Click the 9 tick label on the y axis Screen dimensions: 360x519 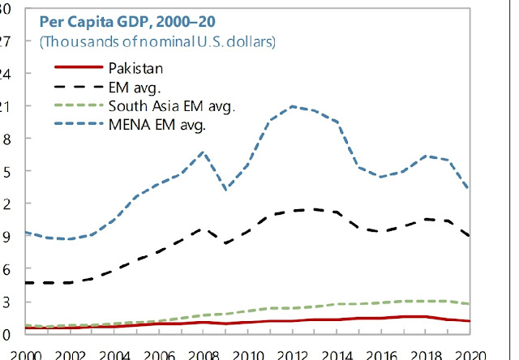tap(4, 237)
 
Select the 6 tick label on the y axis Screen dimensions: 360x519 tap(4, 269)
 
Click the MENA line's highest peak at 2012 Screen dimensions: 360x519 tap(293, 106)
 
